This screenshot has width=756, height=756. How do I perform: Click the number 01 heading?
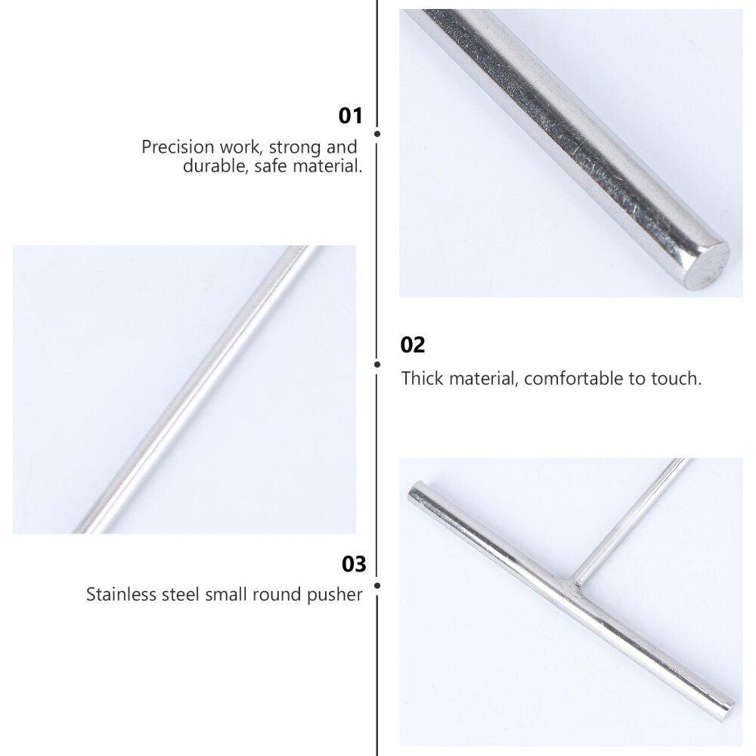coord(350,116)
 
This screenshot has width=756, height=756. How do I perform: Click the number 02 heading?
coord(413,345)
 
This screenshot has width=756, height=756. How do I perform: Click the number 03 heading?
coord(354,564)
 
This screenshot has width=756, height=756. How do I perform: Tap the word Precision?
coord(178,147)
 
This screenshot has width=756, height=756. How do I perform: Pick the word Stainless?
coord(121,594)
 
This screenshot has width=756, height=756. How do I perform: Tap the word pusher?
coord(335,595)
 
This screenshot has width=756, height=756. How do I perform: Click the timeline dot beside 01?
coord(377,134)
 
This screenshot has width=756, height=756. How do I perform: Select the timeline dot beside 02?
coord(377,364)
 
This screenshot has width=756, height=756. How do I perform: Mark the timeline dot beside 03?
coord(377,586)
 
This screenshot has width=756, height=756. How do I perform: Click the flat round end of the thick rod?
coord(707,266)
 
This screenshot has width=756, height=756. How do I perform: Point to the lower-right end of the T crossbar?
coord(729,705)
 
